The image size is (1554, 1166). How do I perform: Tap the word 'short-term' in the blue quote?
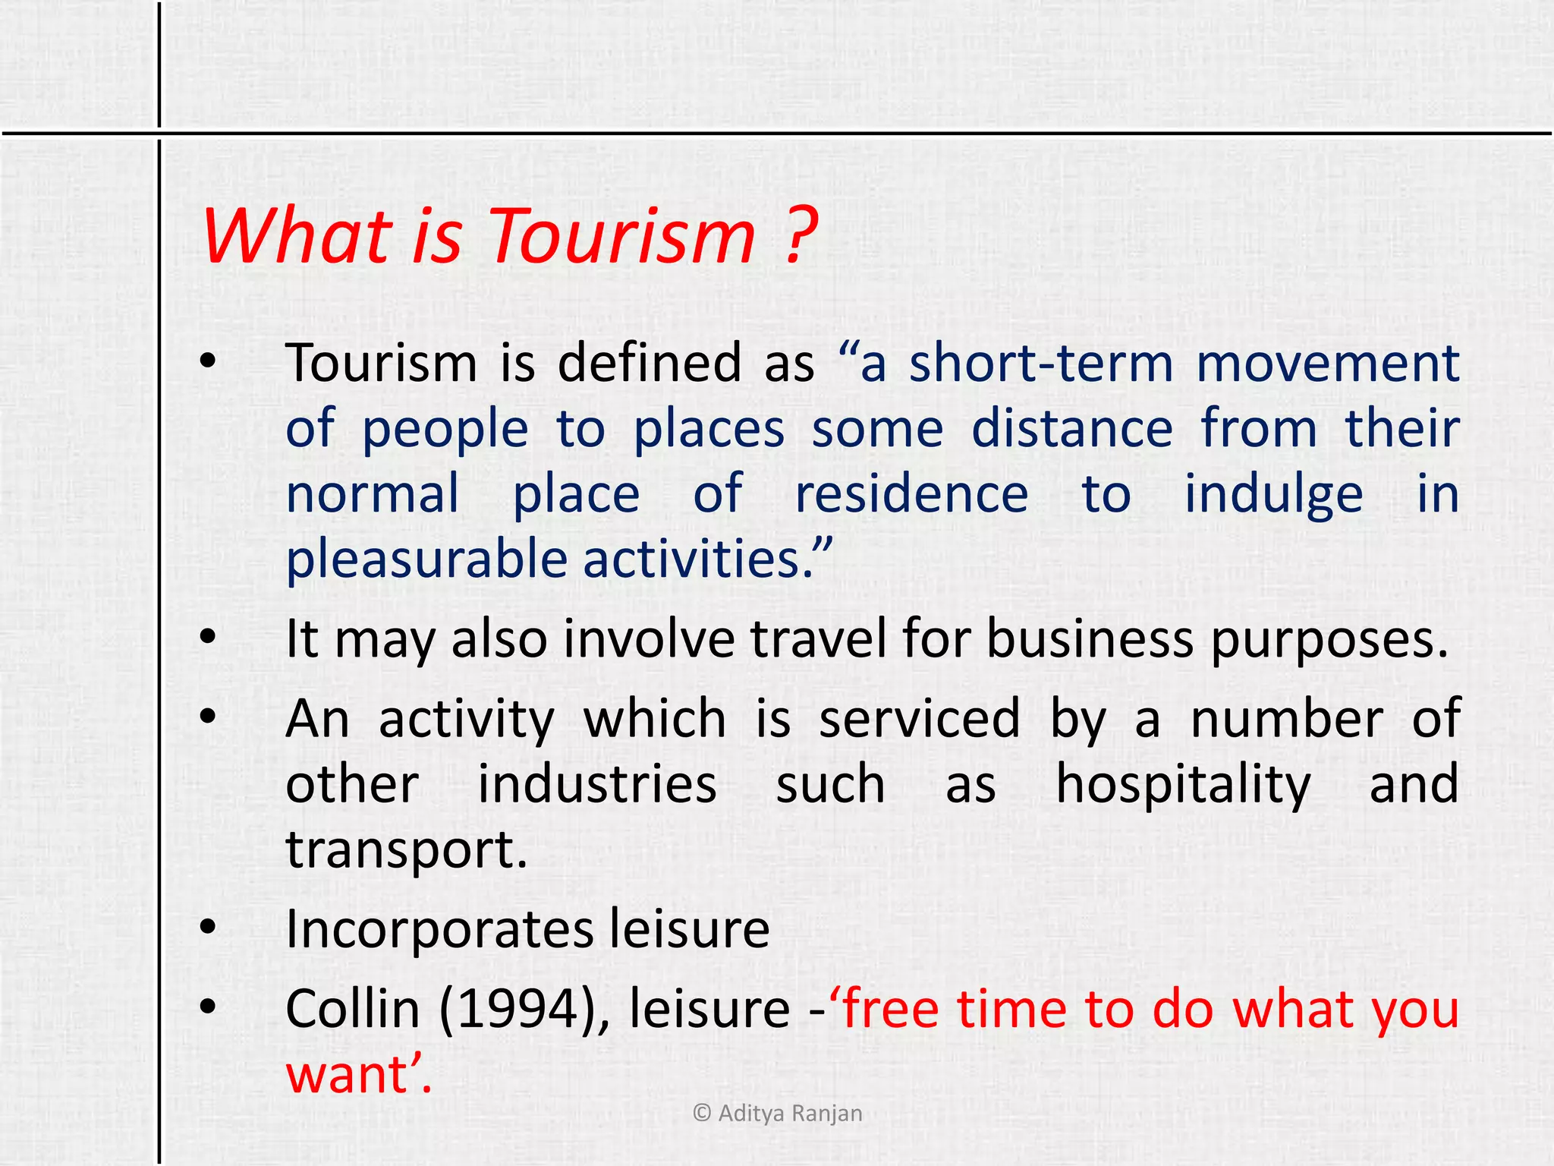(x=1041, y=363)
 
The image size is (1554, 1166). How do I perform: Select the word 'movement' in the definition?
(x=1328, y=363)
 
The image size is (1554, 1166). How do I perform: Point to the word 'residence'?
(x=911, y=494)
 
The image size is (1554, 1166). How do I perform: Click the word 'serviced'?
(x=919, y=719)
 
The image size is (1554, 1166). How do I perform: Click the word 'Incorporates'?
(x=439, y=931)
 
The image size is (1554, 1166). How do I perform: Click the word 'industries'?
(x=597, y=785)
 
